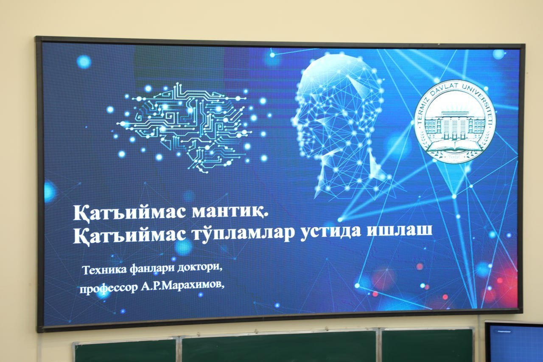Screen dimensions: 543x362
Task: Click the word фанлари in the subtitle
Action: pyautogui.click(x=152, y=269)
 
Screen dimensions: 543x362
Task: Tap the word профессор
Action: pyautogui.click(x=108, y=289)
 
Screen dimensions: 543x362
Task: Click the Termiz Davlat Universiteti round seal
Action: pyautogui.click(x=454, y=121)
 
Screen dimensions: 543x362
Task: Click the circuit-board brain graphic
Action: pyautogui.click(x=184, y=128)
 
